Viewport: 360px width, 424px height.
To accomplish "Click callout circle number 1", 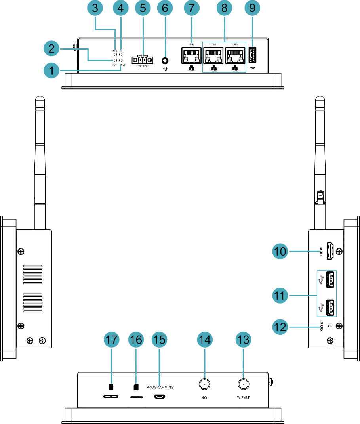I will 51,71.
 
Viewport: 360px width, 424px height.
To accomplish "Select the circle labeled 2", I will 51,49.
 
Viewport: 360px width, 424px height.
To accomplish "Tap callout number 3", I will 95,8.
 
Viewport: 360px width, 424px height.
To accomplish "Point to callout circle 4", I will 120,8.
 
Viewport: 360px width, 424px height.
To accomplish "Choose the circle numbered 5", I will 143,8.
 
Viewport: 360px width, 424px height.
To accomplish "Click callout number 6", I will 165,8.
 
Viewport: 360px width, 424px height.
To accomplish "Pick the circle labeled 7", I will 192,8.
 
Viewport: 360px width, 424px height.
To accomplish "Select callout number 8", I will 224,8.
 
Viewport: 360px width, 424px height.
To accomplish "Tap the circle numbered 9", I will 252,8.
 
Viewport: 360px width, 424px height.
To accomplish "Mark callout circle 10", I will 280,251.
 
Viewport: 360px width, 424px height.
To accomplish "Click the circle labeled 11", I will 280,296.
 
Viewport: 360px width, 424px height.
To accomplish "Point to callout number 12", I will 280,327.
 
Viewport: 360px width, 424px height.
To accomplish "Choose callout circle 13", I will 243,340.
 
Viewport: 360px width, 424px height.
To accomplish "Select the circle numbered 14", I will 205,340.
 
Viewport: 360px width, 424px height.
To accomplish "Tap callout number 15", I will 159,340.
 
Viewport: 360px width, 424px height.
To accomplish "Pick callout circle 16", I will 136,340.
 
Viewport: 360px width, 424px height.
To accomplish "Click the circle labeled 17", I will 111,340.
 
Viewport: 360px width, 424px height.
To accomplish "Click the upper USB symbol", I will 321,280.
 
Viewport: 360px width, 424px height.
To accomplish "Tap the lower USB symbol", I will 321,307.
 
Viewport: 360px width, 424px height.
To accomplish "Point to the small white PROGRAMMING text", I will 160,389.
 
